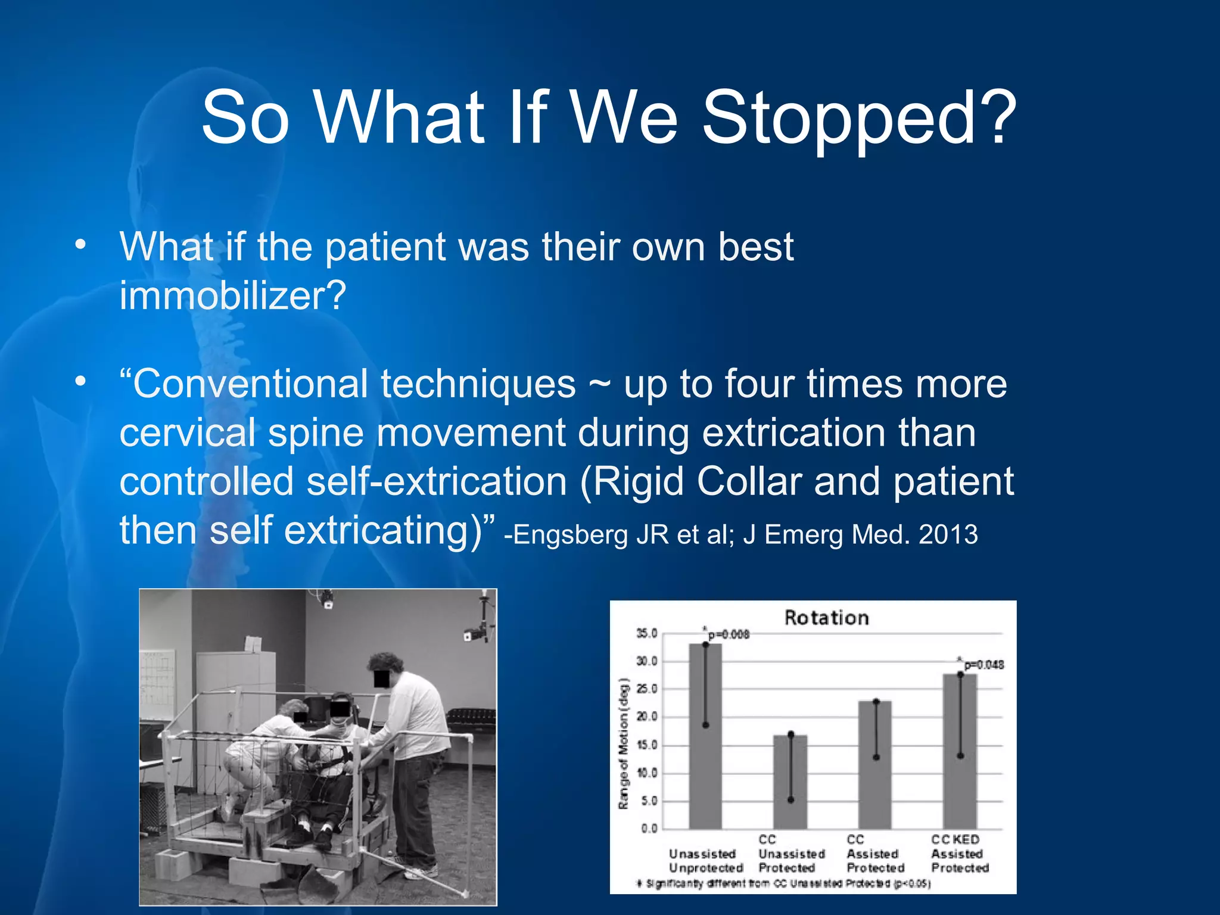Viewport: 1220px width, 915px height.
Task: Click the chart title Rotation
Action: pos(826,618)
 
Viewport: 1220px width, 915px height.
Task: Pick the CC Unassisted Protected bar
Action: pos(790,786)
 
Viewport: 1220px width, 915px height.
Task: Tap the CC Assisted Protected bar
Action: pos(875,768)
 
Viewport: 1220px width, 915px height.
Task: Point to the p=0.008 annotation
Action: pos(727,634)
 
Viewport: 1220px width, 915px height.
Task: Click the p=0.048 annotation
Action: pos(983,664)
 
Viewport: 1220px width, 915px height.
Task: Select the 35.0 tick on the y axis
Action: pos(647,633)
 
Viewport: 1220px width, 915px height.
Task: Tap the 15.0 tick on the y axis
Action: pos(647,745)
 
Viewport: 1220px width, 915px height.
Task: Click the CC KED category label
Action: pos(956,839)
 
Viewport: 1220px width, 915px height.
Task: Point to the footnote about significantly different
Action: pos(783,883)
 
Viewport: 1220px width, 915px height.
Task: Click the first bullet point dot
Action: pos(81,246)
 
